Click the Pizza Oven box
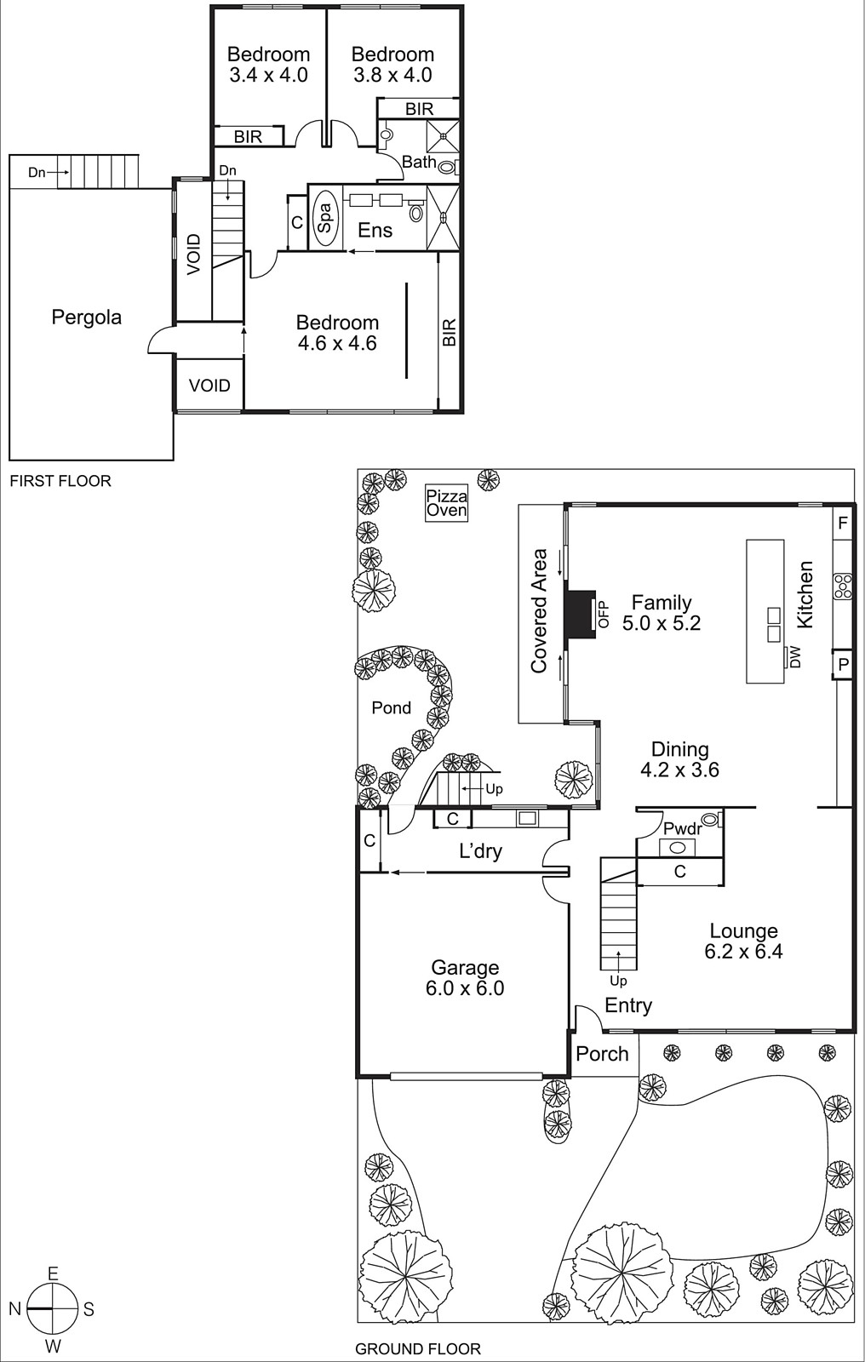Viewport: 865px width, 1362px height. (447, 503)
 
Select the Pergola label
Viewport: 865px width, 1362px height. (87, 318)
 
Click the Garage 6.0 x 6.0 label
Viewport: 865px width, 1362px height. (465, 978)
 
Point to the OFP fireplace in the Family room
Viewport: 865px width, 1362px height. (584, 613)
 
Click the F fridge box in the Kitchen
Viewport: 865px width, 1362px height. (843, 523)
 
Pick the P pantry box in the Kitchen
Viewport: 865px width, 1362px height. (842, 665)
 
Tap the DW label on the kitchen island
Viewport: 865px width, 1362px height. (795, 656)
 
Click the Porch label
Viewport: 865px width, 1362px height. (602, 1054)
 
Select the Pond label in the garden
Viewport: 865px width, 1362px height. (392, 708)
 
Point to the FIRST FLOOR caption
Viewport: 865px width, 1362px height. (60, 481)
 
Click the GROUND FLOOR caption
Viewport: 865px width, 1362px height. (418, 1348)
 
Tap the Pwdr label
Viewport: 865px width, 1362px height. (683, 829)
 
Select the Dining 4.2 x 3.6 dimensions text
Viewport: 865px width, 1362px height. (679, 770)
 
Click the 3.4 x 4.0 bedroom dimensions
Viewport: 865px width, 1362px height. (268, 75)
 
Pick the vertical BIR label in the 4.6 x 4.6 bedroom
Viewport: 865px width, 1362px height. (450, 332)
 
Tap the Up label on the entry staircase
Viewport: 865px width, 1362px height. (618, 981)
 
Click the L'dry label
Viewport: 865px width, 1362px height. (480, 851)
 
